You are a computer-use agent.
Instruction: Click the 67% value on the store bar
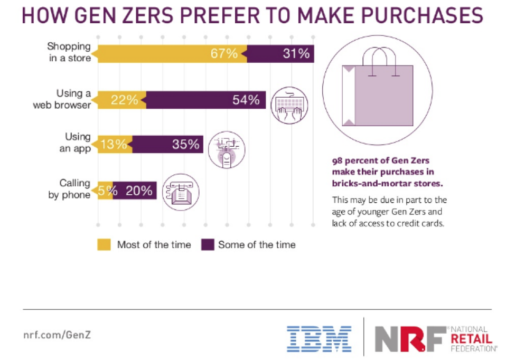click(225, 54)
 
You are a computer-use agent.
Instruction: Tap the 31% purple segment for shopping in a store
click(280, 54)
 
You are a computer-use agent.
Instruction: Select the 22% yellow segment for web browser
click(125, 99)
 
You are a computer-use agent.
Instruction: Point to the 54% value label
click(246, 99)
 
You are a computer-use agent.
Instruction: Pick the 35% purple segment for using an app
click(168, 144)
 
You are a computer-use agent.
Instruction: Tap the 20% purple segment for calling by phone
click(135, 190)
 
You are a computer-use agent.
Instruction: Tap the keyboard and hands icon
click(288, 105)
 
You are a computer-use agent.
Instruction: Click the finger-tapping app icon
click(226, 149)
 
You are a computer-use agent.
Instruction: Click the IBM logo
click(320, 338)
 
